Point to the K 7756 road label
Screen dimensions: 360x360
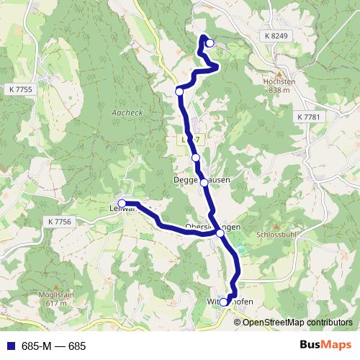(x=58, y=222)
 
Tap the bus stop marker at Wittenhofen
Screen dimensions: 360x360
(x=224, y=302)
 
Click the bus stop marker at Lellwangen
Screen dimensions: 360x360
(x=122, y=204)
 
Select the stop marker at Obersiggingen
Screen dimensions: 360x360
(x=220, y=233)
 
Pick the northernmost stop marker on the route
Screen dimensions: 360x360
(x=210, y=43)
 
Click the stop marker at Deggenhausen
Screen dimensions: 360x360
(x=204, y=183)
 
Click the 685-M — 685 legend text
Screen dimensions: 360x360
(x=54, y=346)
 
